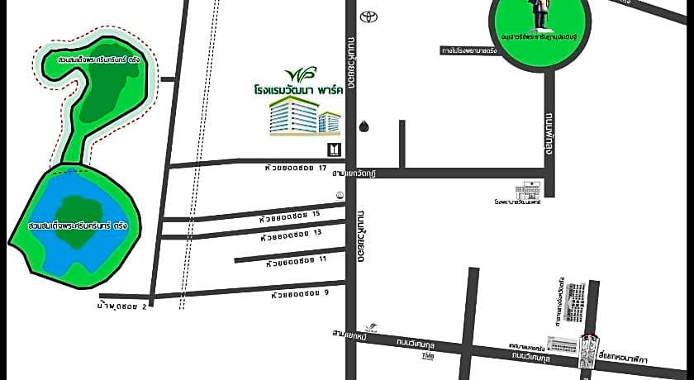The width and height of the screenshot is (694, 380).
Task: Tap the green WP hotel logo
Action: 295,74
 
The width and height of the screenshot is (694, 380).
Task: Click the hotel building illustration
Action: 305,116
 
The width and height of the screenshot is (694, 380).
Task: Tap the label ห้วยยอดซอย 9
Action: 299,293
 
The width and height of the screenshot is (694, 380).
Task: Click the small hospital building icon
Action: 528,188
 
